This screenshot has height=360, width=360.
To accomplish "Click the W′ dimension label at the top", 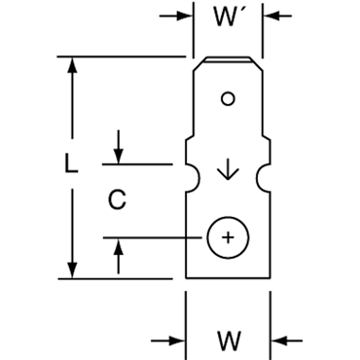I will coord(230,18).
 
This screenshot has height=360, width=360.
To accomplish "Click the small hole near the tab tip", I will coord(229,97).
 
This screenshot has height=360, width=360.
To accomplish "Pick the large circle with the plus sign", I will coord(228,237).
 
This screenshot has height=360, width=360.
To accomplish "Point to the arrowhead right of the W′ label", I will coord(271,17).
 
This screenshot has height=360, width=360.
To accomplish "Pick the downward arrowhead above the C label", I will coord(119,158).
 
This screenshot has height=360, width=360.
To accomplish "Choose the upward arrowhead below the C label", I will coord(119,244).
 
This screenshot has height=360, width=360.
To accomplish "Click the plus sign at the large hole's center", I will coord(228,237).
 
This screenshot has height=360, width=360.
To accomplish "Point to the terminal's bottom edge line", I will coord(229,278).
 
